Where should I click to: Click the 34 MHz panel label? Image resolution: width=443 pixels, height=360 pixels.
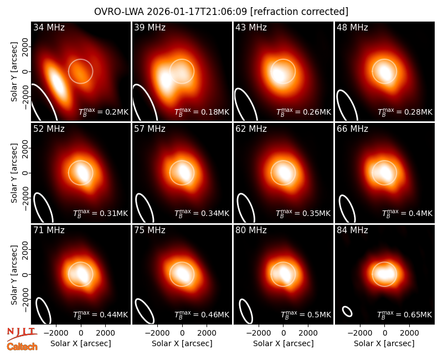(x=49, y=27)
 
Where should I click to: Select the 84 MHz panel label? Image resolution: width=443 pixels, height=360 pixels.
(x=352, y=230)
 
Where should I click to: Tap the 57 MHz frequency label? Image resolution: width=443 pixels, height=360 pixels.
(x=150, y=129)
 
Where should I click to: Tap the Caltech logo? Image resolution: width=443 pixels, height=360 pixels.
(x=22, y=347)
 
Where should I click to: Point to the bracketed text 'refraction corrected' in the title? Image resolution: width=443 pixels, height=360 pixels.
(x=299, y=12)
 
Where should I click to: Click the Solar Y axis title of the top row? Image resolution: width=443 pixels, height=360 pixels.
(x=14, y=72)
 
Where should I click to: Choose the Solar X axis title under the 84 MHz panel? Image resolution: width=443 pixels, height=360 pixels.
(x=384, y=343)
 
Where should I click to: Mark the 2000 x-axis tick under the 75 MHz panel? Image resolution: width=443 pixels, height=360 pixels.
(x=207, y=333)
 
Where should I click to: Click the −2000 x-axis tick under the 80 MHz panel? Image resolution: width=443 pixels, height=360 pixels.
(x=258, y=333)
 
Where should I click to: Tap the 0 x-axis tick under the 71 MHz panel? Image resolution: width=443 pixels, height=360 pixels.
(x=81, y=333)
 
